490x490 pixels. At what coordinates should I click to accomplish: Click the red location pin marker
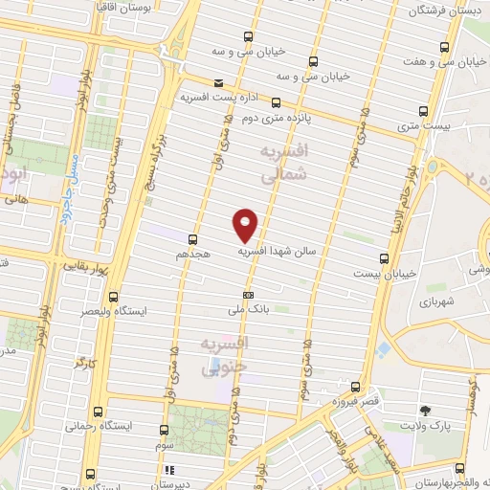(x=246, y=225)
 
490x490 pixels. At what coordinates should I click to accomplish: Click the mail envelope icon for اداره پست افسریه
(x=219, y=84)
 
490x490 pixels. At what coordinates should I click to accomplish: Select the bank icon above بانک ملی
(x=248, y=295)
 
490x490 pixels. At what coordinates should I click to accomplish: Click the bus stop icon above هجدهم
(x=193, y=238)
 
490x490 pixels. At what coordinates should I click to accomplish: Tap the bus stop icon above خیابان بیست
(x=384, y=258)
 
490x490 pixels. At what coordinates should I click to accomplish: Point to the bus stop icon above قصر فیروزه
(x=355, y=388)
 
